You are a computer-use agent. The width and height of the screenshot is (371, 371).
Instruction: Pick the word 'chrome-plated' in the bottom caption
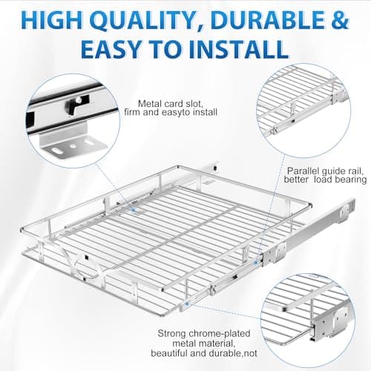pos(220,334)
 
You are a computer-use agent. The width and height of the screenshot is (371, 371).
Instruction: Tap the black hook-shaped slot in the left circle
pos(75,104)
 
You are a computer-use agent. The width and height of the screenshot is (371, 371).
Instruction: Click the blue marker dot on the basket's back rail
pos(134,209)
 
